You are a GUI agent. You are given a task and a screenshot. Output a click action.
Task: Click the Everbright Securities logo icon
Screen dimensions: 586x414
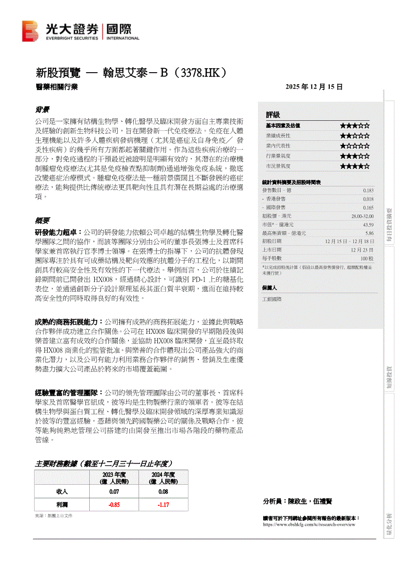tap(30, 31)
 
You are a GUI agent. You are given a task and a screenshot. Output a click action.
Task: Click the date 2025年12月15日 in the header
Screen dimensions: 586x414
tap(314, 87)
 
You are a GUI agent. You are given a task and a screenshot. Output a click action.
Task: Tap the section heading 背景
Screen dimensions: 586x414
tap(42, 109)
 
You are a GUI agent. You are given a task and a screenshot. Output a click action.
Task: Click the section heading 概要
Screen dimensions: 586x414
tap(42, 221)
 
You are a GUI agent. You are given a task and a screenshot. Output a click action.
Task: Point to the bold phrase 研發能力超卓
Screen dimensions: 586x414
tap(55, 233)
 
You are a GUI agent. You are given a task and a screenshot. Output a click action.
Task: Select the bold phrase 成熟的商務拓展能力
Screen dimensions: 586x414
tap(68, 321)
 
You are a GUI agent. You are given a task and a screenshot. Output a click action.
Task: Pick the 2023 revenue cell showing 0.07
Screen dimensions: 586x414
tap(114, 492)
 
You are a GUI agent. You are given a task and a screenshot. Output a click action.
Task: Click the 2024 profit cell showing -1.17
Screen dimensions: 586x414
tap(163, 504)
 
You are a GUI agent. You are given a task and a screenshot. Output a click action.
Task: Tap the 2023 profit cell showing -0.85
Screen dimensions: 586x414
tap(114, 504)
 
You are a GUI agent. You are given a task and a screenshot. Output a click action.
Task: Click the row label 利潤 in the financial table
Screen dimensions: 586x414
tap(62, 504)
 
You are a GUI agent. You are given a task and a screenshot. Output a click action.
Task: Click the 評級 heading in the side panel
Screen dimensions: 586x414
tap(273, 115)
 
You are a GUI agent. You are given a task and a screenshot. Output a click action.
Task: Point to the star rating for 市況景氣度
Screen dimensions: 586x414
tap(355, 166)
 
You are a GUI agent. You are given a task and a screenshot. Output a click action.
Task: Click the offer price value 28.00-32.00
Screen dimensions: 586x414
tap(362, 216)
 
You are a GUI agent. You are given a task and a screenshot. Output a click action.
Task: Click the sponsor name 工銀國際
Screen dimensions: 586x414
tap(272, 299)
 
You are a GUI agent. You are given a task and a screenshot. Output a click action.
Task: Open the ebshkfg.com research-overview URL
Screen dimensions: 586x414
tap(309, 524)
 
